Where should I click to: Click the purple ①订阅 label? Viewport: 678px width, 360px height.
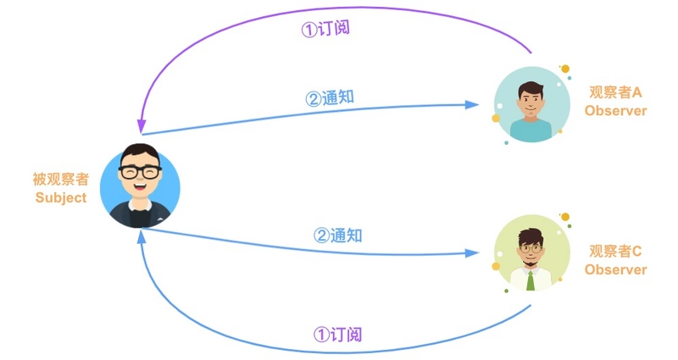click(x=325, y=28)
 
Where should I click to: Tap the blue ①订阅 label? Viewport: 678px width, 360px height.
click(x=337, y=335)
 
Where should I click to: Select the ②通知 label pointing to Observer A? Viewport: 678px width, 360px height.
click(x=330, y=97)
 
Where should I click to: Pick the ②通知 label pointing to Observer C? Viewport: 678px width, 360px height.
click(x=337, y=235)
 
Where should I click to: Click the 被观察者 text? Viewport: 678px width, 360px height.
click(x=60, y=180)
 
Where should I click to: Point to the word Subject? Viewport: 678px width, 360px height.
click(x=60, y=198)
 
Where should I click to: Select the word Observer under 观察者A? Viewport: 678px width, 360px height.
click(x=615, y=111)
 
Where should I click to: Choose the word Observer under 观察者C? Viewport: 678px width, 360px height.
click(x=615, y=269)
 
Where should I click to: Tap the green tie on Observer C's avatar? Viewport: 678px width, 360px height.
click(x=531, y=279)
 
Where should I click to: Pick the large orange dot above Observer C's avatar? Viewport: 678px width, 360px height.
click(x=565, y=217)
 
